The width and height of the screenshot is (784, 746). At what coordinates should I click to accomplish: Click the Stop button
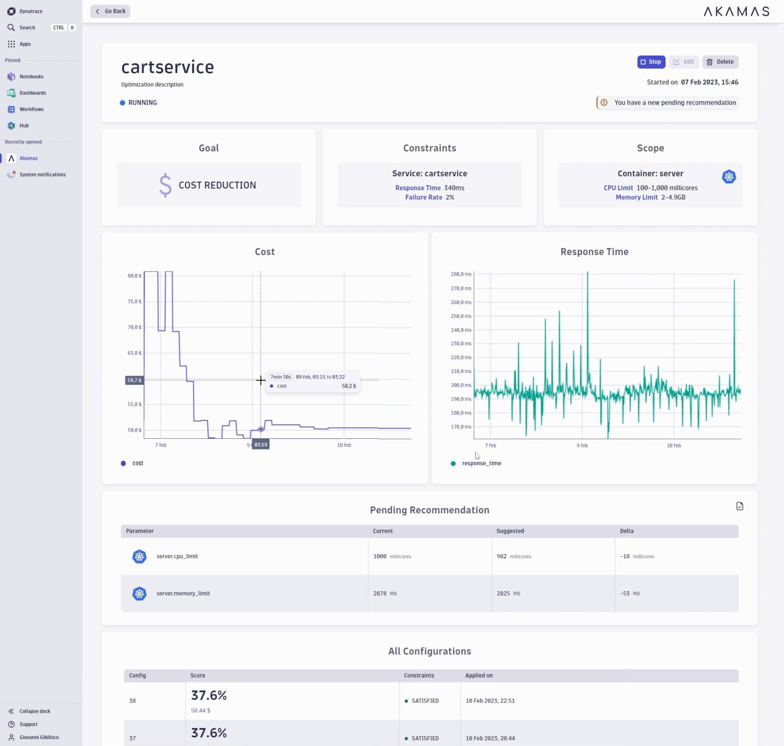coord(651,62)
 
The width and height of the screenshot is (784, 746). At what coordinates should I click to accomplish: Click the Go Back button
coord(110,11)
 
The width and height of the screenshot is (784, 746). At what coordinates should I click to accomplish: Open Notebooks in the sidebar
coord(31,77)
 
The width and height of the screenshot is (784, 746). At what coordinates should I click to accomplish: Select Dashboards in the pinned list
coord(32,93)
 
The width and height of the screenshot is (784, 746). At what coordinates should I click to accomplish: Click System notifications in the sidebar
coord(42,175)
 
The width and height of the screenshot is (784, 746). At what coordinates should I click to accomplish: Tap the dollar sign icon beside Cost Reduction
coord(165,185)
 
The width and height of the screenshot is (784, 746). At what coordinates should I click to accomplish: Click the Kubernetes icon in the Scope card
coord(729,177)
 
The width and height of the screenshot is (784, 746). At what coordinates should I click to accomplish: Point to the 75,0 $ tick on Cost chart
coord(134,302)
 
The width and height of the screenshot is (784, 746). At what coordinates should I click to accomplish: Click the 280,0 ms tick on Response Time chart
coord(461,275)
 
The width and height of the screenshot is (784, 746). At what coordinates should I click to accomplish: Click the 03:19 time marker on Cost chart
coord(261,445)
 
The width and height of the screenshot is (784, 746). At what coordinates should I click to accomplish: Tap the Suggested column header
coord(510,531)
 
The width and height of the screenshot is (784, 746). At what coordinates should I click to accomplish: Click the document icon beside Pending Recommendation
coord(740,506)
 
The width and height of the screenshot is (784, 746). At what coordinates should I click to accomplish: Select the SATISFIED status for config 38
coord(425,701)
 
